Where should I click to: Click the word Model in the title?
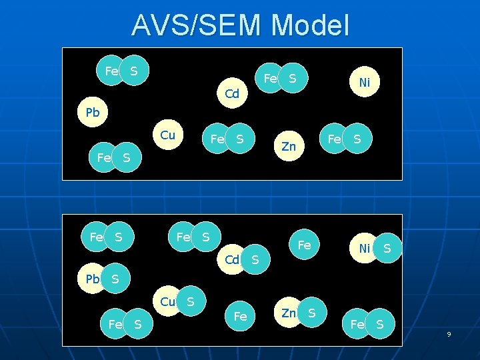311,27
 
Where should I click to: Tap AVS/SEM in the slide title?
197,27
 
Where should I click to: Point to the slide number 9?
449,333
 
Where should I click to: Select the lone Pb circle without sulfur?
92,113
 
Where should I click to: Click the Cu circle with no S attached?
168,135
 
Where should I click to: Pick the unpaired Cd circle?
232,94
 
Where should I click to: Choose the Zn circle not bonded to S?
289,146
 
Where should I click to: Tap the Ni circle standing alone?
364,83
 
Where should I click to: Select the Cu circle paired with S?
167,302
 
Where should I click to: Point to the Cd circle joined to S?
233,259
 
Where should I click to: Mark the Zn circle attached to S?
289,313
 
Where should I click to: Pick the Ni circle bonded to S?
364,249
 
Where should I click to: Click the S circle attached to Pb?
115,278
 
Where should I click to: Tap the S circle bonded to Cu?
190,302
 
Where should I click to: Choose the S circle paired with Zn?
311,313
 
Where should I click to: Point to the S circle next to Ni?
387,249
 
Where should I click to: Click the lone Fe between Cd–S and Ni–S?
304,245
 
